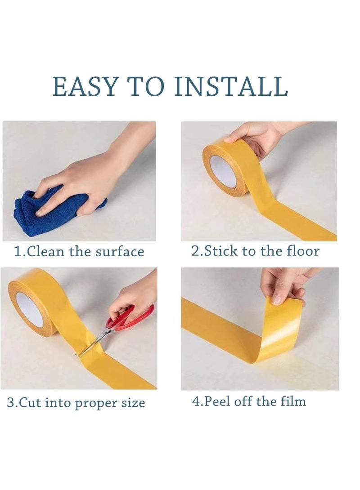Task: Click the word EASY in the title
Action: [85, 87]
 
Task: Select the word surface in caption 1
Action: [120, 251]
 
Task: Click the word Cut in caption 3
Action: [29, 402]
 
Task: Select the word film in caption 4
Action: [293, 401]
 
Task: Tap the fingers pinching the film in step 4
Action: [283, 288]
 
